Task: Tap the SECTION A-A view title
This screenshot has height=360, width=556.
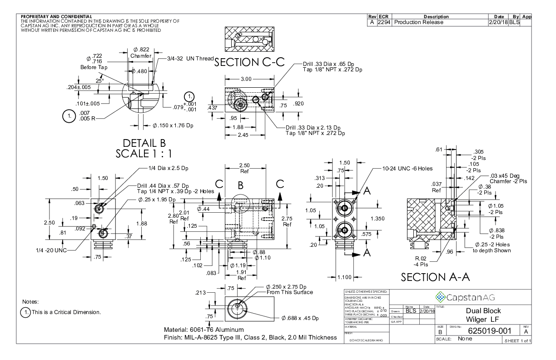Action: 436,277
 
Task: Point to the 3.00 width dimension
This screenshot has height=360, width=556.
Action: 246,79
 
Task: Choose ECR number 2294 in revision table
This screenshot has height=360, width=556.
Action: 384,22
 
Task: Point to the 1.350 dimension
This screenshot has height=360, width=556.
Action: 377,219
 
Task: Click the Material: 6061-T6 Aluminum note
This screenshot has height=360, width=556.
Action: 204,329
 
